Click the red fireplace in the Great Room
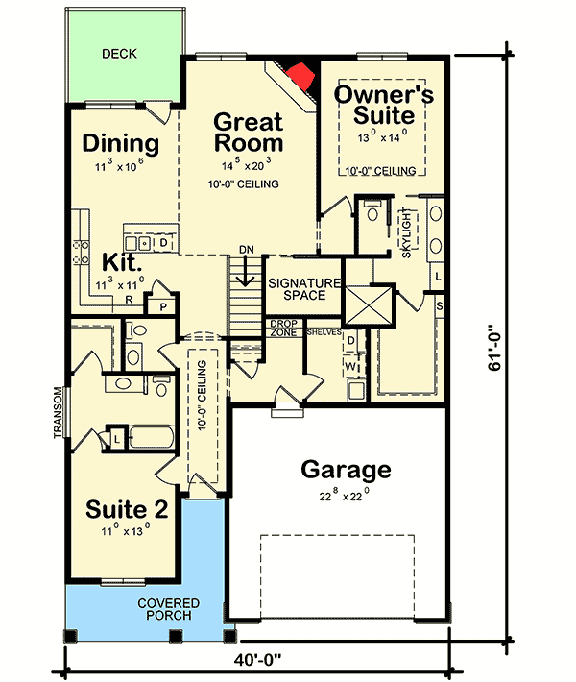300,76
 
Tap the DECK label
119,54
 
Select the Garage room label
346,470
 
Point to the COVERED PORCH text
169,609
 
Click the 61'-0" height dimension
494,348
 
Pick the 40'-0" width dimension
258,660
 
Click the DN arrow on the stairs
246,270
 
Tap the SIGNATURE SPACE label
304,289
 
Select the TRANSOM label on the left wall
59,412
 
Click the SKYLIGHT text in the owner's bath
406,233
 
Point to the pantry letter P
163,307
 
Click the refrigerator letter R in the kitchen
129,300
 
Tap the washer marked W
350,367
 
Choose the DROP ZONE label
284,328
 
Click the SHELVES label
324,332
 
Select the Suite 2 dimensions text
126,531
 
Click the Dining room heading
121,143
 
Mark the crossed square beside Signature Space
369,304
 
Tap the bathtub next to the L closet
152,437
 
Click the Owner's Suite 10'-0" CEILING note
381,171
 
